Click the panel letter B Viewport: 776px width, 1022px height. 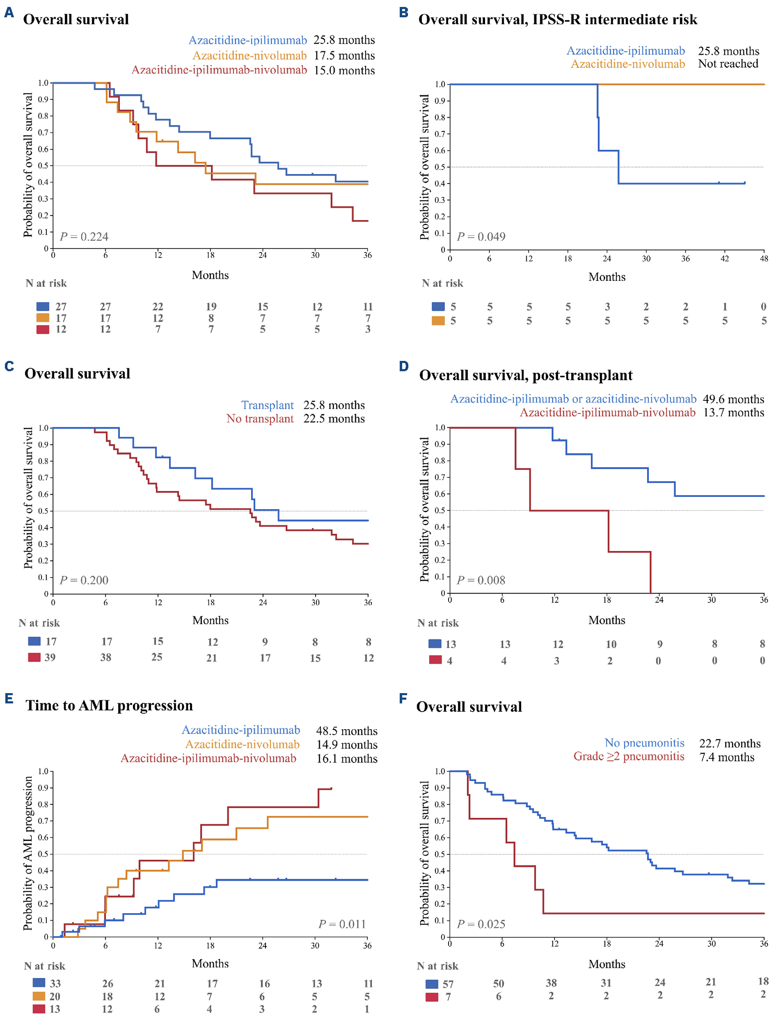403,12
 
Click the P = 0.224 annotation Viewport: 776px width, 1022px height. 84,237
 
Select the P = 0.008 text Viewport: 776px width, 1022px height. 481,580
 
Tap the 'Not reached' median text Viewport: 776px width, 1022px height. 728,64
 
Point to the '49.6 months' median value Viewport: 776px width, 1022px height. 734,399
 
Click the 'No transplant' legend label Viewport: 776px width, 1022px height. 260,419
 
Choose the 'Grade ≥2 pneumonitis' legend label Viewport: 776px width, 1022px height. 629,756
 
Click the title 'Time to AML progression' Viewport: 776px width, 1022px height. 109,705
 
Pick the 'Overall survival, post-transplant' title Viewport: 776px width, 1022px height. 526,375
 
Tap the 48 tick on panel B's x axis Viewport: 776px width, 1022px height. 764,259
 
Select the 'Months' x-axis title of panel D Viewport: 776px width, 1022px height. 607,620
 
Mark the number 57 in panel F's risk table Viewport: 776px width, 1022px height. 448,984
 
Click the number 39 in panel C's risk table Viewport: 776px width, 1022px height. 50,657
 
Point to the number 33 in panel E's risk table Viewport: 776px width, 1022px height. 55,983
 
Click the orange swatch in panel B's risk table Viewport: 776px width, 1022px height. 438,321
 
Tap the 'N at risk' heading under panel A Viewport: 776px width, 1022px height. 46,283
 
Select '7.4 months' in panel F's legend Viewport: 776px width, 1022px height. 727,757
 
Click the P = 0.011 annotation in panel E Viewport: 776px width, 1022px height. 342,923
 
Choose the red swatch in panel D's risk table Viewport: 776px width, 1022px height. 435,660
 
